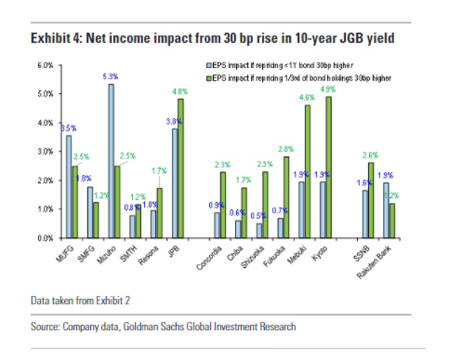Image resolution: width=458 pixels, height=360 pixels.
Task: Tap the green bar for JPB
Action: point(180,169)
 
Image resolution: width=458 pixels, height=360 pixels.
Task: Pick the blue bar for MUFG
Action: point(69,187)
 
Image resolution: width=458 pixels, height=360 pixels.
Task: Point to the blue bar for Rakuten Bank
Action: point(386,210)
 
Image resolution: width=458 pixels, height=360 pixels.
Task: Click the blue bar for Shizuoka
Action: point(259,230)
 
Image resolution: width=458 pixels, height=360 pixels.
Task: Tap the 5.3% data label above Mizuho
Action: point(110,76)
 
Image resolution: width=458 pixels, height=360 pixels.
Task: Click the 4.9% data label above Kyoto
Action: point(328,89)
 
